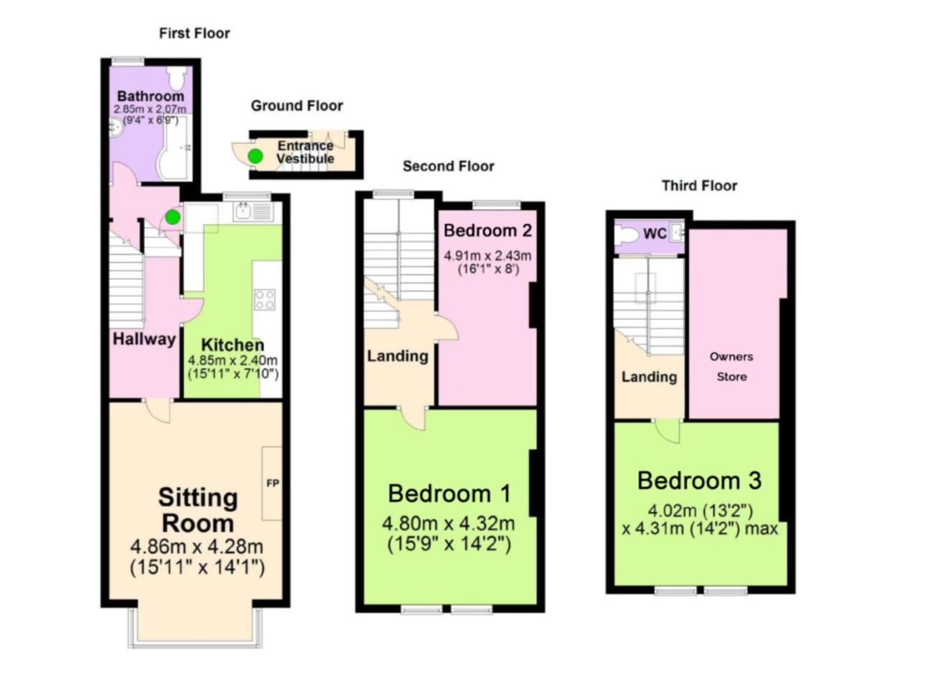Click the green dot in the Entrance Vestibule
tap(255, 157)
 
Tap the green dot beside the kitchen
tap(172, 218)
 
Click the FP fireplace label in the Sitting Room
tap(272, 483)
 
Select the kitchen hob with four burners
tap(265, 299)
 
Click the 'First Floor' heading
tap(194, 33)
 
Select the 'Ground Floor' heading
tap(297, 106)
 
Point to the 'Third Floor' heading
tap(699, 185)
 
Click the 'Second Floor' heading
tap(448, 166)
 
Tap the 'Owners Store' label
tap(731, 366)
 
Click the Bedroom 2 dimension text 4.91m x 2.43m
tap(488, 256)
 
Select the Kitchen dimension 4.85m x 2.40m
tap(233, 360)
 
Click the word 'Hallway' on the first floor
tap(144, 339)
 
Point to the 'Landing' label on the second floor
tap(398, 356)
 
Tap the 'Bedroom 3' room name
tap(699, 480)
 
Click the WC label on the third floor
tap(655, 233)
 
